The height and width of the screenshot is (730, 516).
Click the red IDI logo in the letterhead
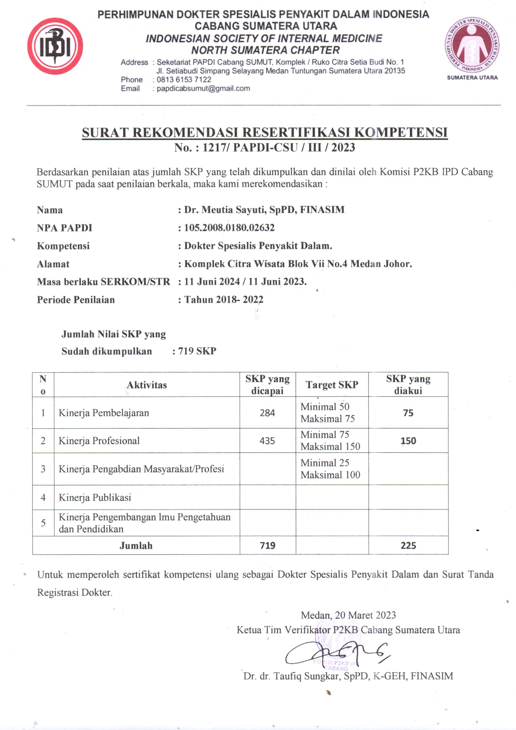coord(55,47)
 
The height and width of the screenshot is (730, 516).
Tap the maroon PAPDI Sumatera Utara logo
coord(472,45)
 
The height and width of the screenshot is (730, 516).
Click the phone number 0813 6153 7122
coord(184,80)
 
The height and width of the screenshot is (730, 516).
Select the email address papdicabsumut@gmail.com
coord(203,88)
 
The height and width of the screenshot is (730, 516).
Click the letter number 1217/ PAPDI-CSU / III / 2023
coord(279,147)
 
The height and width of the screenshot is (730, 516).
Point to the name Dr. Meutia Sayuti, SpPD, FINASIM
coord(264,210)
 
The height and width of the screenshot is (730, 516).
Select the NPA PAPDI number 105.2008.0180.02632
coord(229,228)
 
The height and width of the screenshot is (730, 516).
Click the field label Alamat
coord(53,264)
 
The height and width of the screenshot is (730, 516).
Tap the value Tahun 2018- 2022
coord(224,299)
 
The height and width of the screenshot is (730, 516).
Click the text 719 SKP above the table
coord(197,351)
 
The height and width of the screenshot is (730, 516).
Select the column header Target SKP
coord(332,385)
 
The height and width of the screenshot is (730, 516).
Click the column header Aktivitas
coord(147,385)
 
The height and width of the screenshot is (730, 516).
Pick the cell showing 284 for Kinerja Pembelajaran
coord(267,413)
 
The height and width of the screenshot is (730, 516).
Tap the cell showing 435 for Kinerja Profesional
coord(267,441)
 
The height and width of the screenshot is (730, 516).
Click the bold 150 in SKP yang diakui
coord(408,441)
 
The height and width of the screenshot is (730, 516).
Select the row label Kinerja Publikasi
coord(95,497)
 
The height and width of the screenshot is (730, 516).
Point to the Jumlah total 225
coord(408,545)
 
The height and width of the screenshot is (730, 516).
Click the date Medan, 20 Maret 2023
coord(348,615)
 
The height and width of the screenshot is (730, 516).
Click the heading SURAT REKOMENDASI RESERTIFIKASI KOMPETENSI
coord(265,132)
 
